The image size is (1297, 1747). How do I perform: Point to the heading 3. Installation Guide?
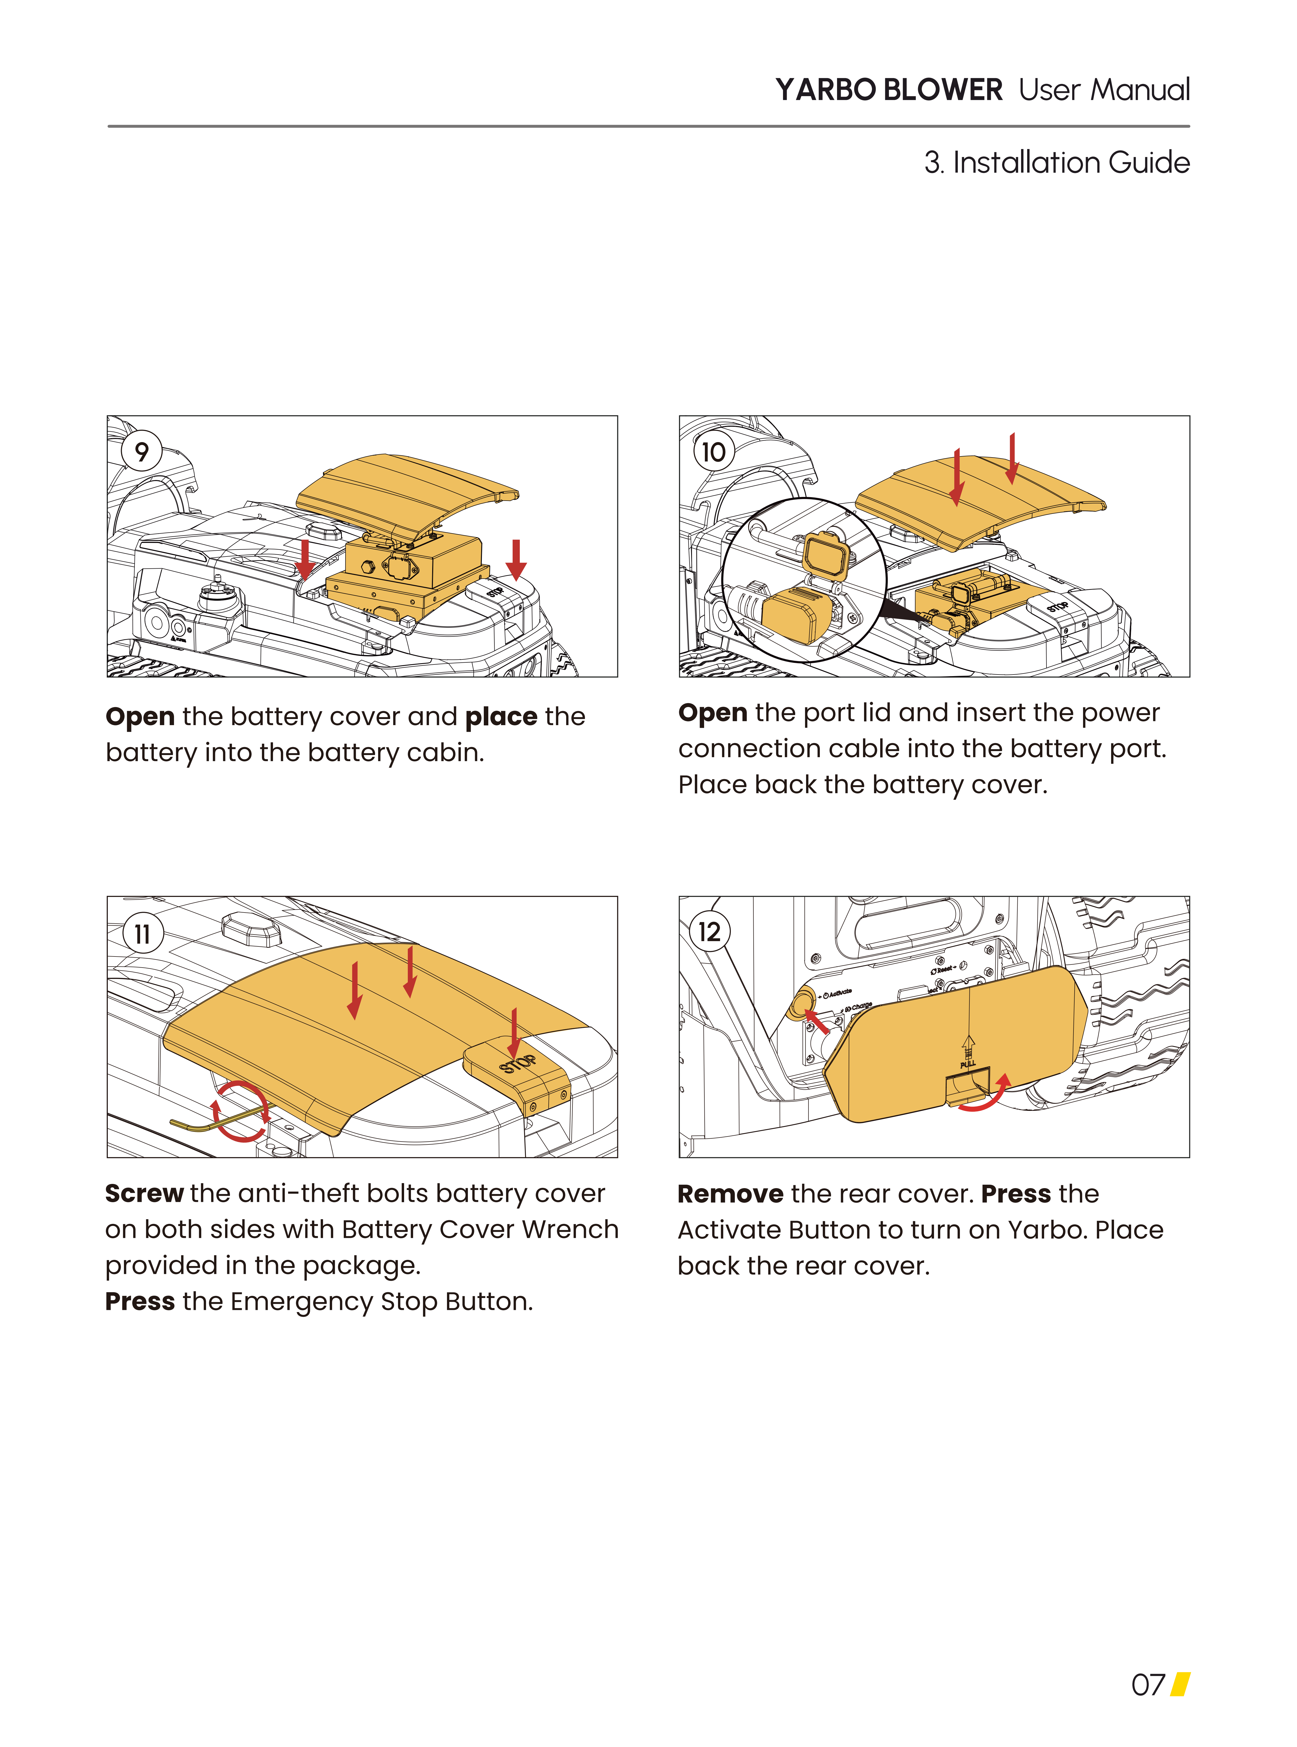coord(1057,163)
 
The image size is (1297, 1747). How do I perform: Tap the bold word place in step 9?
coord(501,717)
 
